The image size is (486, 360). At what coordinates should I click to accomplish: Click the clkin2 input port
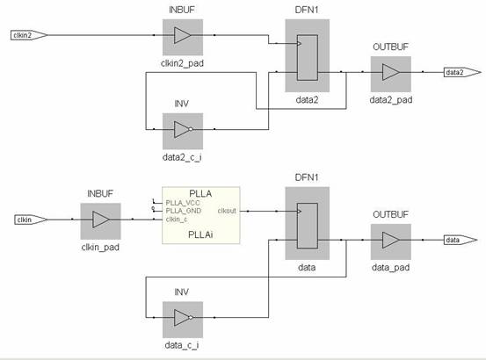click(25, 35)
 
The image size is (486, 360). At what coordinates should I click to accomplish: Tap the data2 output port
click(455, 72)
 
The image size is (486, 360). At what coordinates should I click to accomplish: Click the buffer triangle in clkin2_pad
click(182, 36)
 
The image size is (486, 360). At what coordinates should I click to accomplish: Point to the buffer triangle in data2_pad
click(391, 72)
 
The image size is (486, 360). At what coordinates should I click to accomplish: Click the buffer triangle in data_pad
click(391, 240)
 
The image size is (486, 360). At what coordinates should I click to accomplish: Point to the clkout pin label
click(227, 211)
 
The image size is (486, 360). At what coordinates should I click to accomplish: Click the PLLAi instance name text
click(201, 235)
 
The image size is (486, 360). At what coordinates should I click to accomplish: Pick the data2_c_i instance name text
click(182, 158)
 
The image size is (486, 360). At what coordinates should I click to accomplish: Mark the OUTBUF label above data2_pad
click(391, 46)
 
